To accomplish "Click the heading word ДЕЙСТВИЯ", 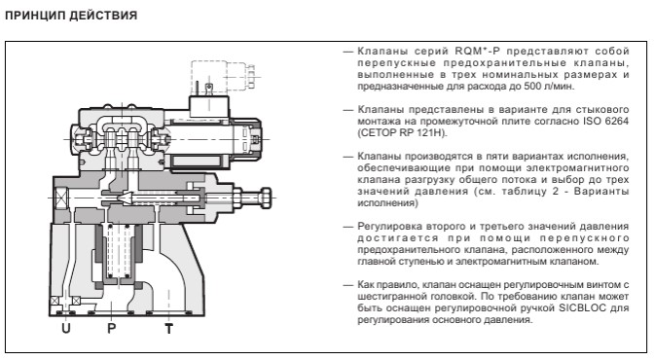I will pos(101,16).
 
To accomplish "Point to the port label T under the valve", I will pos(169,328).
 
